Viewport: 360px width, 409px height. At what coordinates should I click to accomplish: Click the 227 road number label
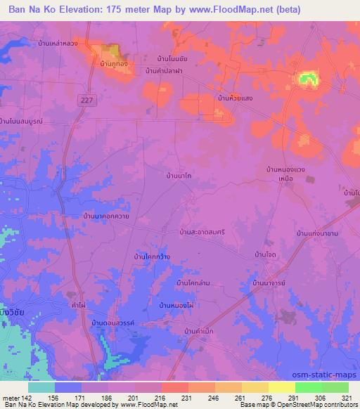click(x=86, y=100)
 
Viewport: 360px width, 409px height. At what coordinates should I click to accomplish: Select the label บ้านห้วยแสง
click(x=235, y=98)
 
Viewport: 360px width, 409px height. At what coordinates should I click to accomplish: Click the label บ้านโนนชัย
click(x=174, y=59)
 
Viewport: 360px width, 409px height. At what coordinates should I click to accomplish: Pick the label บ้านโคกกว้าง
click(x=153, y=259)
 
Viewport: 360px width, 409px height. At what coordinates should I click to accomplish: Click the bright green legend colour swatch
click(x=308, y=387)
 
